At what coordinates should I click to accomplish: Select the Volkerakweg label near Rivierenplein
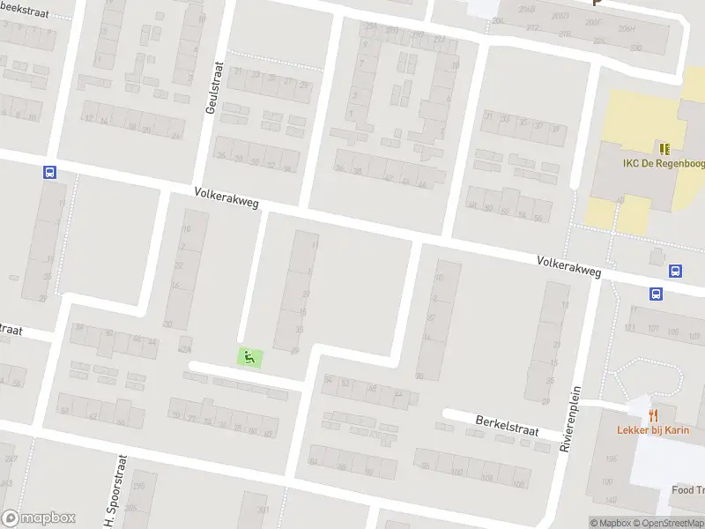click(568, 266)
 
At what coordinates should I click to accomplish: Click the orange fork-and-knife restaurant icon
click(653, 414)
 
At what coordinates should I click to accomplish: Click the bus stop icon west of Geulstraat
click(49, 173)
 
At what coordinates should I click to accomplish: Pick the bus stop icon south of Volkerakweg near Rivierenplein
click(657, 294)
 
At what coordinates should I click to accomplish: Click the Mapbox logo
click(38, 518)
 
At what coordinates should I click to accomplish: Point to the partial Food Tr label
click(688, 490)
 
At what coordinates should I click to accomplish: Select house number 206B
click(527, 10)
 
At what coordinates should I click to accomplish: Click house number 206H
click(627, 28)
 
